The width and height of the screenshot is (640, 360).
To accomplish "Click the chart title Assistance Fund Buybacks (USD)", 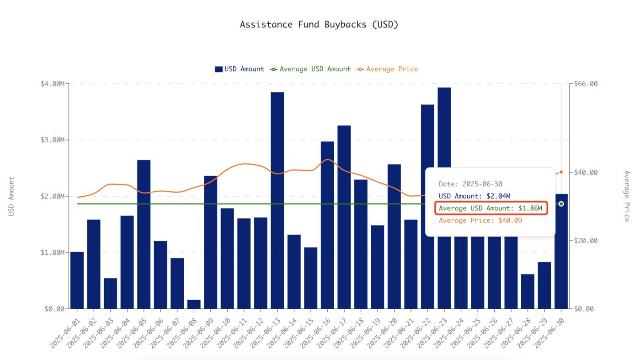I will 319,25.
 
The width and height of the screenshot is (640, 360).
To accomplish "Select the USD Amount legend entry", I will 240,69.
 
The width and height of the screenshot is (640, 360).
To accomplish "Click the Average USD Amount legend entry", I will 311,69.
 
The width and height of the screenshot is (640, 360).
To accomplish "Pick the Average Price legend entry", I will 388,69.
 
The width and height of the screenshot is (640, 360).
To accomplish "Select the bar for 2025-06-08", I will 194,304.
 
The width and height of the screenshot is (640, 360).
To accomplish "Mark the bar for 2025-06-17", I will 344,217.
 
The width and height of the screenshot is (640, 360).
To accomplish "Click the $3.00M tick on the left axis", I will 52,140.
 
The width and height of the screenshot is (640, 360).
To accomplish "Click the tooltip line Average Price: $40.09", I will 480,220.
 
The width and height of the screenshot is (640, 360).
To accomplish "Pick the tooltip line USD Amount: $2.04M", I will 474,196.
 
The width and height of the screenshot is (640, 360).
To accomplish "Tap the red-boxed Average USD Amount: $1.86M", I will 490,209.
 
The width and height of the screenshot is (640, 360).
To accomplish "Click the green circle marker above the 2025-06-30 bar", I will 561,204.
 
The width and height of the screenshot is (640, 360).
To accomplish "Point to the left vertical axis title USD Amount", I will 11,196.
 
